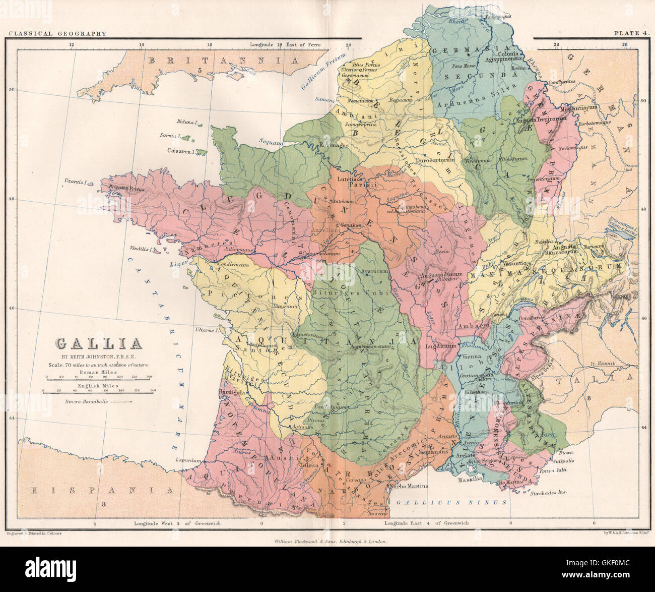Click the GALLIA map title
click(99, 344)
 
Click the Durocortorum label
click(435, 160)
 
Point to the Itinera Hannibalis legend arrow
click(121, 402)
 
